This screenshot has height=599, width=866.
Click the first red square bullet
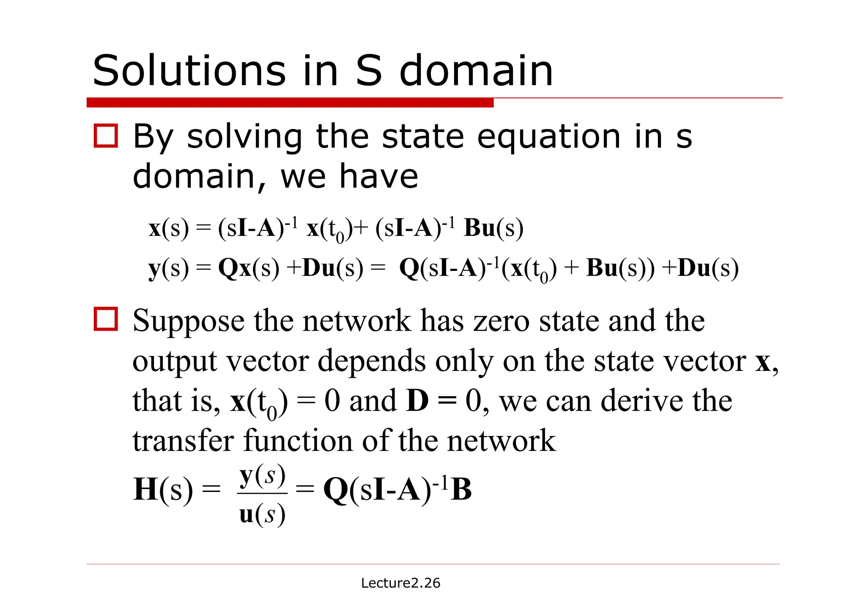[x=106, y=136]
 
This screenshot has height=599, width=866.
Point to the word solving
[x=244, y=137]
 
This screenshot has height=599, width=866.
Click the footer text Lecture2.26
[x=400, y=583]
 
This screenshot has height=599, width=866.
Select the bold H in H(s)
[x=145, y=489]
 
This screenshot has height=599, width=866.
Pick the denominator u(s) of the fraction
[x=263, y=514]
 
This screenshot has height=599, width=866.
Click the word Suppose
[x=188, y=321]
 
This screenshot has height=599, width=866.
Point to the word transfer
[x=183, y=441]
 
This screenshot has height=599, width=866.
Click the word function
[x=298, y=441]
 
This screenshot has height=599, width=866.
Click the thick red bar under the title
[x=290, y=102]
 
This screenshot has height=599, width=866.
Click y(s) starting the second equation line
[x=169, y=268]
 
